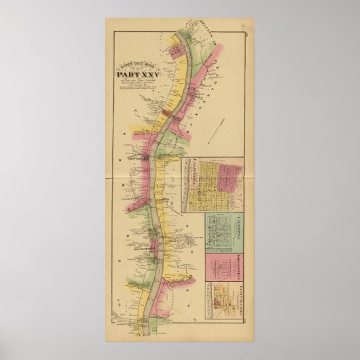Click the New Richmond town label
tap(147, 249)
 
